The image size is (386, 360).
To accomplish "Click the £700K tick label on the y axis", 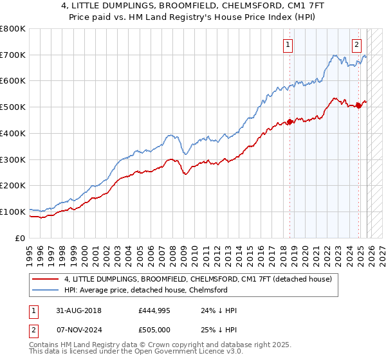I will (x=13, y=55).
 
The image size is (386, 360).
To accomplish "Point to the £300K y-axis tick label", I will (x=13, y=159).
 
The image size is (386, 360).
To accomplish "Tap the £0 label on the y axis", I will (x=20, y=238).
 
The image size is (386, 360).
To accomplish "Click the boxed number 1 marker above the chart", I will (x=287, y=44).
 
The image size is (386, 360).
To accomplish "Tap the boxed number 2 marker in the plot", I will (x=356, y=44).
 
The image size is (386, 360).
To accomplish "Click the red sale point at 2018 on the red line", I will (x=289, y=122).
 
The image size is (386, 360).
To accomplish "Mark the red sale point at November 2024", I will (x=358, y=106).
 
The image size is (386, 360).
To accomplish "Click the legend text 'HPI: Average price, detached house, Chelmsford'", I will (x=146, y=290).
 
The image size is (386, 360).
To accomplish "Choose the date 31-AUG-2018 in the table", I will (x=78, y=310).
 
